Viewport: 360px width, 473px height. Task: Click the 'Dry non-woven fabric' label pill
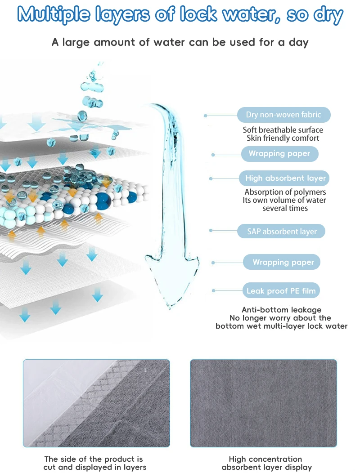[283, 115]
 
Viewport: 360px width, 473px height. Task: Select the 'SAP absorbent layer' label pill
[282, 232]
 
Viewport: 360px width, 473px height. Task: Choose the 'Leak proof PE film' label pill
[281, 291]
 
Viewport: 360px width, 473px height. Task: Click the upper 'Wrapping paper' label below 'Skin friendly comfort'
[279, 154]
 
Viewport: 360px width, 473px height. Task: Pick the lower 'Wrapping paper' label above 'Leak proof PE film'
[283, 262]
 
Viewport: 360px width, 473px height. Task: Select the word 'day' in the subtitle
[298, 43]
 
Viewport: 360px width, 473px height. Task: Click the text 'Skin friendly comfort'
[283, 138]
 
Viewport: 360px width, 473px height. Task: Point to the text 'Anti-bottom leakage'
[282, 310]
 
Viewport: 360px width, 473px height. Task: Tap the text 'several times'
[285, 208]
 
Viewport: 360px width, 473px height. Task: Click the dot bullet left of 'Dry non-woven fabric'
[206, 116]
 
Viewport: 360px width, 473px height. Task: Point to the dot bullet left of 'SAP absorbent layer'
[211, 231]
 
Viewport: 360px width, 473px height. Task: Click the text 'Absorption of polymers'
[285, 192]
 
